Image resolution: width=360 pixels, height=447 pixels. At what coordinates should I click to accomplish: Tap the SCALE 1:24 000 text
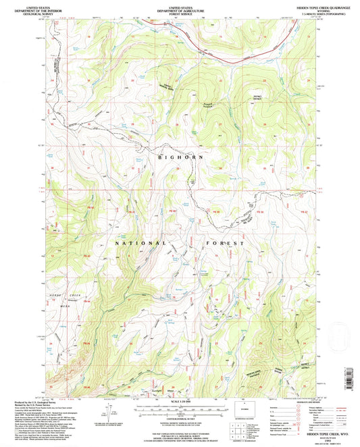pos(180,403)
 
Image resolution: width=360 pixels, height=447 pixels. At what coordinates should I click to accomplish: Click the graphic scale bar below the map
pos(180,410)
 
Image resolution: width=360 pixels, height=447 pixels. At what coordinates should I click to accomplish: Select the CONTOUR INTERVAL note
pos(180,419)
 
